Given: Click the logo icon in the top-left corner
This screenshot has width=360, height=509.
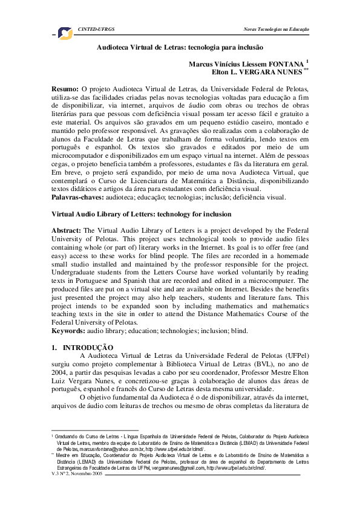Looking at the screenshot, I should [x=64, y=33].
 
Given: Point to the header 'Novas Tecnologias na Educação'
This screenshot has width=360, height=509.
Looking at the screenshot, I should [x=276, y=29].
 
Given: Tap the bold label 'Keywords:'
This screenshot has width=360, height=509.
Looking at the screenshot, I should [x=70, y=331].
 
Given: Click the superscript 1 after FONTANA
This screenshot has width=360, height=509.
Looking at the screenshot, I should [x=307, y=60].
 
